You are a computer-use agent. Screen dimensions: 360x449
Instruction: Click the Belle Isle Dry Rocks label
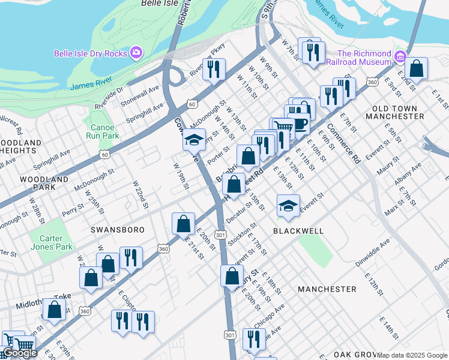91,53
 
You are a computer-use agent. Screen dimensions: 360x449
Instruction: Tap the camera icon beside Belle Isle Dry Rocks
136,53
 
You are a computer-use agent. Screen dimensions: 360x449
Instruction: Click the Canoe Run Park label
102,131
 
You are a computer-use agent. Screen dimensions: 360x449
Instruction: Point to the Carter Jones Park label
52,242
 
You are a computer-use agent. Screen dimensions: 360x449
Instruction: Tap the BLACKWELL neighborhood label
298,230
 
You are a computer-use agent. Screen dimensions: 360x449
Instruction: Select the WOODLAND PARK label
44,184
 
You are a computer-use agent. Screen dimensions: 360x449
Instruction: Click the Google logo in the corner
20,353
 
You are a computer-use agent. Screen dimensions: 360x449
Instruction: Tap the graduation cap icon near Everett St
288,206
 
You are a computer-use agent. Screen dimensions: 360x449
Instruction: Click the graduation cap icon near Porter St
194,139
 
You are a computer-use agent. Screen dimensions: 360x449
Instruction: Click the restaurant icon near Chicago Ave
255,338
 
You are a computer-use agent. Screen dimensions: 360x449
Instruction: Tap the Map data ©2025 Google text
412,355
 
